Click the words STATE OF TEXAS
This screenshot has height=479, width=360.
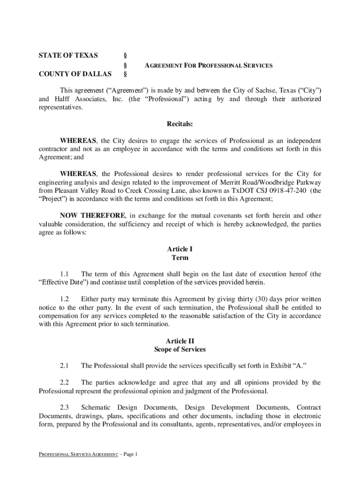[x=68, y=56]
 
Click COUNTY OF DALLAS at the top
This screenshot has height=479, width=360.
[x=75, y=74]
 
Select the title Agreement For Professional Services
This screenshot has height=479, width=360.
[x=208, y=66]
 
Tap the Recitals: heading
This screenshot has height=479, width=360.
[x=180, y=124]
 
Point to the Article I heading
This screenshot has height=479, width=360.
[x=180, y=249]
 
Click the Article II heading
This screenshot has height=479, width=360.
[x=180, y=341]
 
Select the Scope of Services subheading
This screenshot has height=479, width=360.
[x=180, y=349]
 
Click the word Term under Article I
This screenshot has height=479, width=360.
[x=180, y=258]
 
